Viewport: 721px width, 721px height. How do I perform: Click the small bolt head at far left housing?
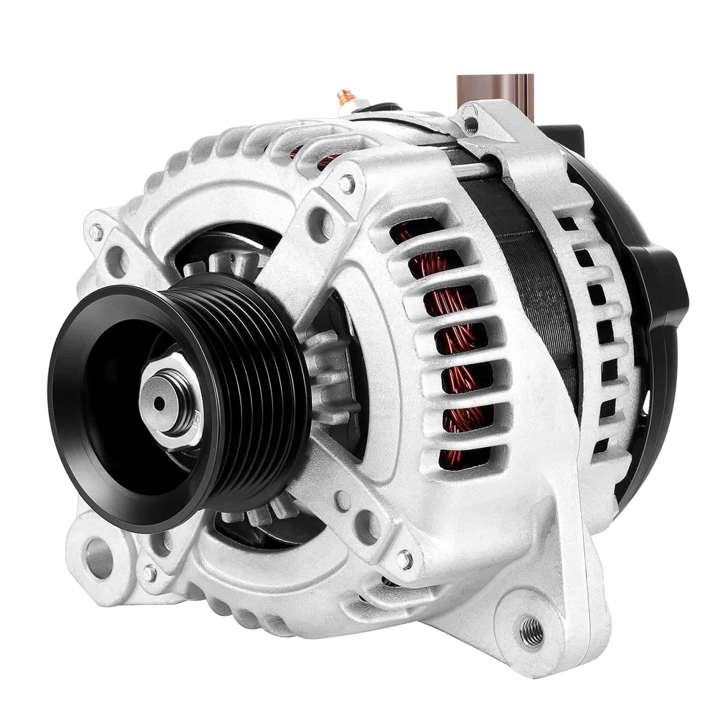[x=95, y=233]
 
